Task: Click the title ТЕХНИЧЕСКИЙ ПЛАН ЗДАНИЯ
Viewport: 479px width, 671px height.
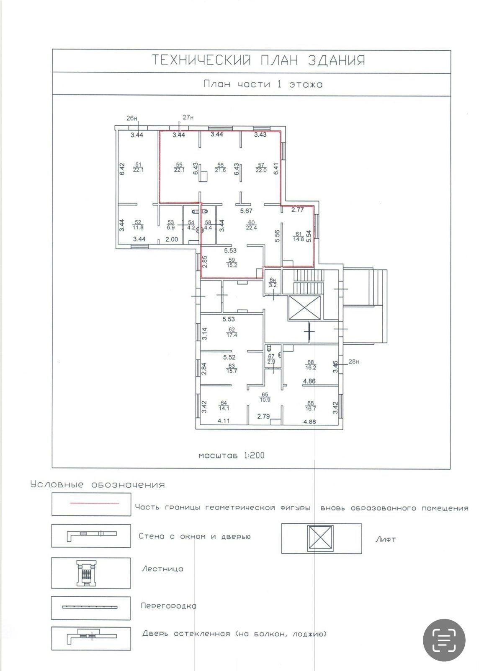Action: pos(259,60)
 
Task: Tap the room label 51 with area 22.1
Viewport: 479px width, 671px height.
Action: pos(138,167)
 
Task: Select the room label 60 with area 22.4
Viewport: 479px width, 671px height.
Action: pos(251,225)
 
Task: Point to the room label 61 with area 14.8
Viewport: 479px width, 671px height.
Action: pos(299,237)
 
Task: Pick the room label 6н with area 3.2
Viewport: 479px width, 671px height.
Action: pos(273,283)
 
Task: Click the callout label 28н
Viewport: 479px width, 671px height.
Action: pos(353,362)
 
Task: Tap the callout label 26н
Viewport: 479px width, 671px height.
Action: pos(132,118)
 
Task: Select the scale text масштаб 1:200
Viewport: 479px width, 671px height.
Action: pos(232,455)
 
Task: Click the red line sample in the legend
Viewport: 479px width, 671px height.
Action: pos(95,503)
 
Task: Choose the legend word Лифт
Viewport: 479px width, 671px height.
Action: pos(386,539)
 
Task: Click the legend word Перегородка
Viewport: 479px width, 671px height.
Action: pos(169,606)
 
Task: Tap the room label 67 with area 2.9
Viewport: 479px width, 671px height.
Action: pos(271,359)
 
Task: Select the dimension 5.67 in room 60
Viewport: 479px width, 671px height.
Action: pos(246,211)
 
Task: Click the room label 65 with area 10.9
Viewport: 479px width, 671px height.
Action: pos(265,397)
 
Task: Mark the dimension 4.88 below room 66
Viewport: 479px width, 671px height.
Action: pos(310,422)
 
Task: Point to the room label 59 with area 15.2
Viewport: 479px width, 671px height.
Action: pos(232,263)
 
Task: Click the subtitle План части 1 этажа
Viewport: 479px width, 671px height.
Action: pos(263,84)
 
